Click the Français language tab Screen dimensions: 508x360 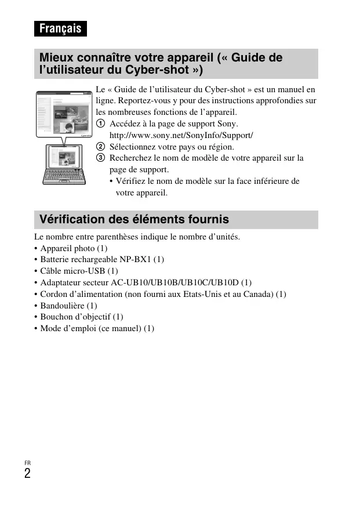(x=60, y=28)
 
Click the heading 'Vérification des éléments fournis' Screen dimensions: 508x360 (x=134, y=220)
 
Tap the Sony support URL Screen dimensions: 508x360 (x=181, y=135)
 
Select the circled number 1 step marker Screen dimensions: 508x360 (x=100, y=124)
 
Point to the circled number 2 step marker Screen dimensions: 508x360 (x=100, y=147)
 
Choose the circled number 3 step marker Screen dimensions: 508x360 (x=100, y=158)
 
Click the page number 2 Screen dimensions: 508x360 (x=27, y=473)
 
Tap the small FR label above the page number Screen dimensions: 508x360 (x=27, y=462)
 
